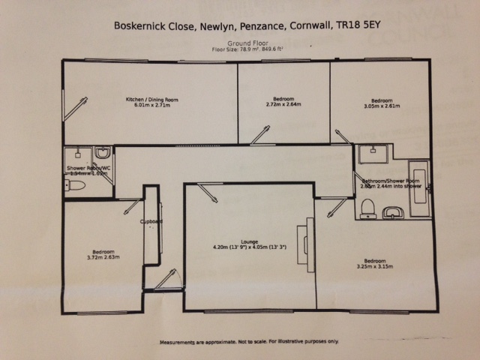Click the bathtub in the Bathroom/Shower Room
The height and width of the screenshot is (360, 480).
pos(420,188)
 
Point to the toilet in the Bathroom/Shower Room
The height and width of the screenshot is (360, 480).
pos(367,208)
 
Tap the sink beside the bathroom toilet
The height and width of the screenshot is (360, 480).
pos(392,213)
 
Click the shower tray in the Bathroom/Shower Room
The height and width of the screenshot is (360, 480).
pos(371,154)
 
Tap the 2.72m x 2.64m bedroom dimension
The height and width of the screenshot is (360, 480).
pos(283,105)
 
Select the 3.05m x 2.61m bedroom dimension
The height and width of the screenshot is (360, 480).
pos(382,106)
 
